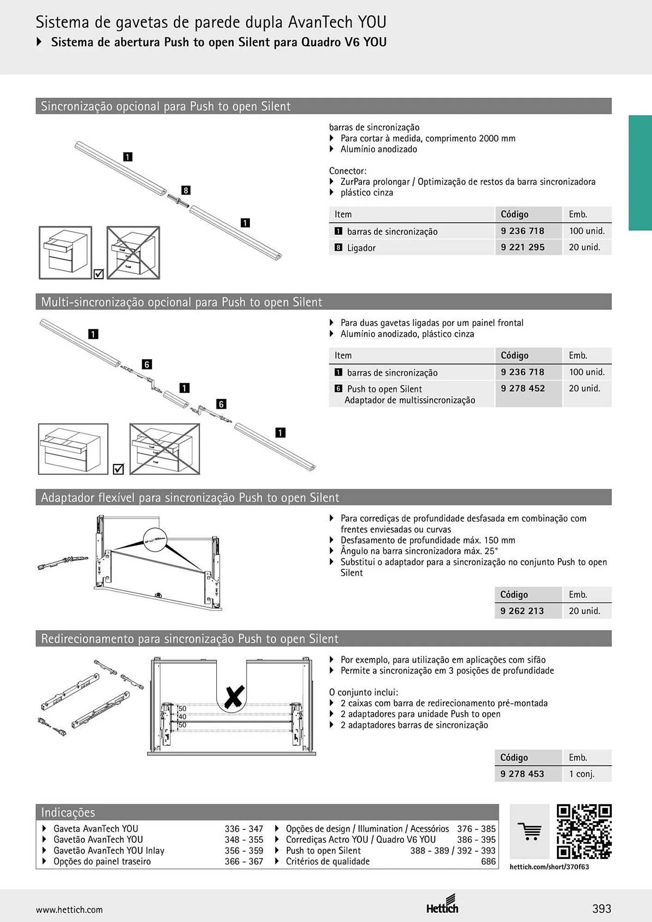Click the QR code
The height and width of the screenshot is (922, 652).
[584, 832]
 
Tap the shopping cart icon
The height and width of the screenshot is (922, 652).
[529, 832]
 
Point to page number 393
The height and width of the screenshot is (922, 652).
[602, 909]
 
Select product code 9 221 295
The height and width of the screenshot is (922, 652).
[522, 247]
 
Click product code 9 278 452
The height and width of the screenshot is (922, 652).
[522, 388]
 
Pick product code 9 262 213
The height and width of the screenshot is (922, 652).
[522, 611]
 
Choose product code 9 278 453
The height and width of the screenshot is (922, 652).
[522, 774]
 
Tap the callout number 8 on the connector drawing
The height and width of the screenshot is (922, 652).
[185, 190]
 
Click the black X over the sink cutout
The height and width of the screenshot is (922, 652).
[234, 697]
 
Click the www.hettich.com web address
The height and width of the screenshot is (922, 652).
[69, 910]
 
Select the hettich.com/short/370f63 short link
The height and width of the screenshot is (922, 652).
[549, 867]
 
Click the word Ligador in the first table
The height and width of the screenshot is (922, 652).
[361, 248]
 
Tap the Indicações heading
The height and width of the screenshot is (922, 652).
[68, 812]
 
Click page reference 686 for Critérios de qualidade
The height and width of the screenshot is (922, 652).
[488, 861]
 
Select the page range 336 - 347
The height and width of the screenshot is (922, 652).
[244, 828]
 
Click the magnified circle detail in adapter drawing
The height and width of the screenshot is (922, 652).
[155, 540]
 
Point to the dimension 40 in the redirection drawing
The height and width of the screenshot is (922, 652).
[182, 717]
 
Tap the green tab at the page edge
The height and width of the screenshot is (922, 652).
[640, 173]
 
